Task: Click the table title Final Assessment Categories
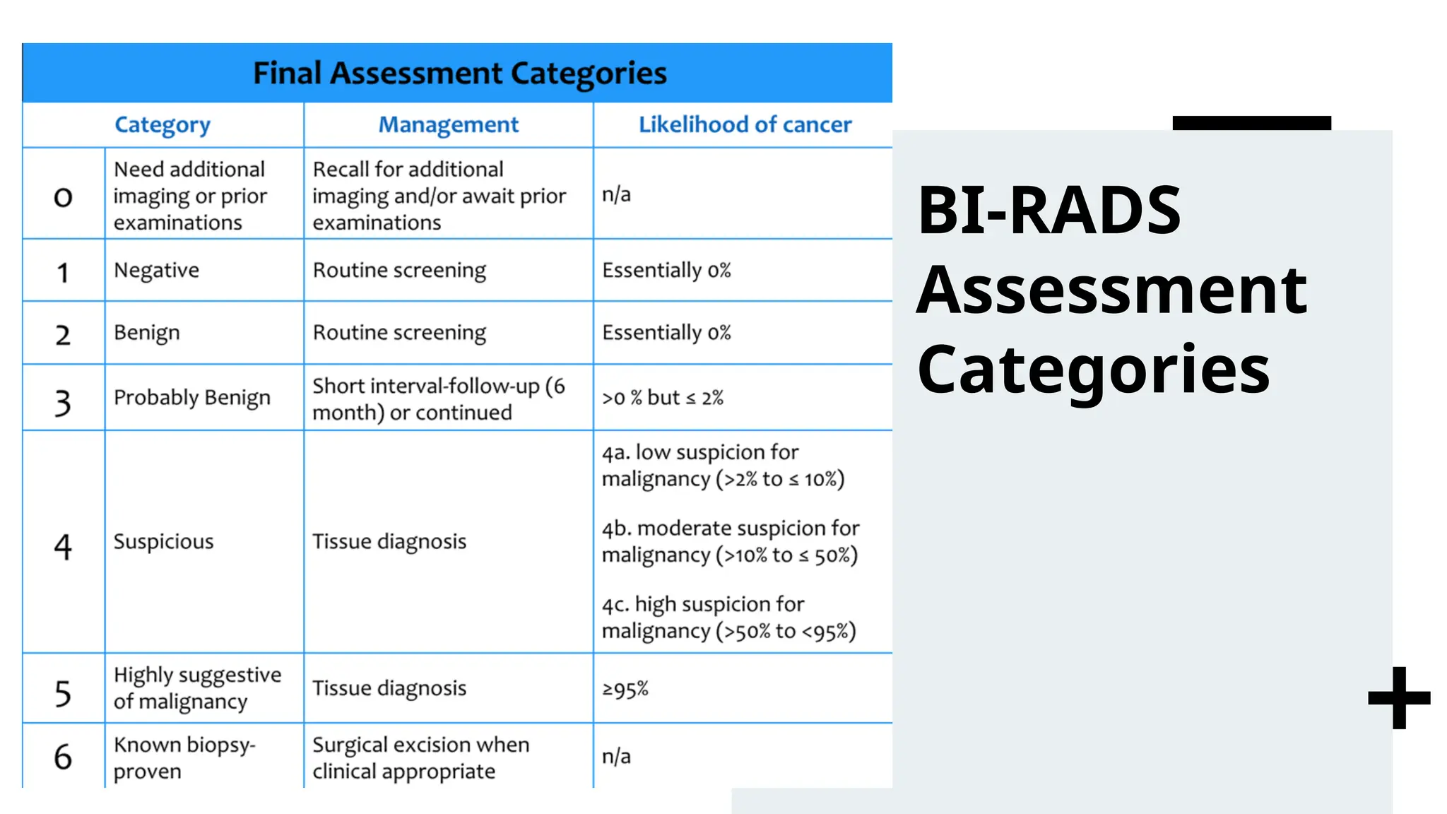[x=459, y=73]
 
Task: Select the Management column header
[x=448, y=125]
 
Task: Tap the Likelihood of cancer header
[x=745, y=125]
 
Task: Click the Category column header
[x=163, y=125]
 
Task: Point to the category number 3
[x=63, y=403]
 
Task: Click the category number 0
[x=63, y=196]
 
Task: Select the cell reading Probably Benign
[x=191, y=398]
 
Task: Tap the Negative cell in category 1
[x=156, y=271]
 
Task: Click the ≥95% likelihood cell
[x=625, y=689]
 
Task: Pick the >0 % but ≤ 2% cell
[x=662, y=398]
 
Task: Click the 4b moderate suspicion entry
[x=730, y=542]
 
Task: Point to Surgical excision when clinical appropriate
[x=420, y=758]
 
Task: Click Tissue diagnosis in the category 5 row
[x=389, y=688]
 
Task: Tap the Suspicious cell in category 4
[x=163, y=542]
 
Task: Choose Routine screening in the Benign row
[x=399, y=333]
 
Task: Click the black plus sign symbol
[x=1399, y=698]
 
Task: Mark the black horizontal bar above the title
[x=1251, y=123]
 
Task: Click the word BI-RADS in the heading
[x=1049, y=211]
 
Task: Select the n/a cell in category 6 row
[x=616, y=757]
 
